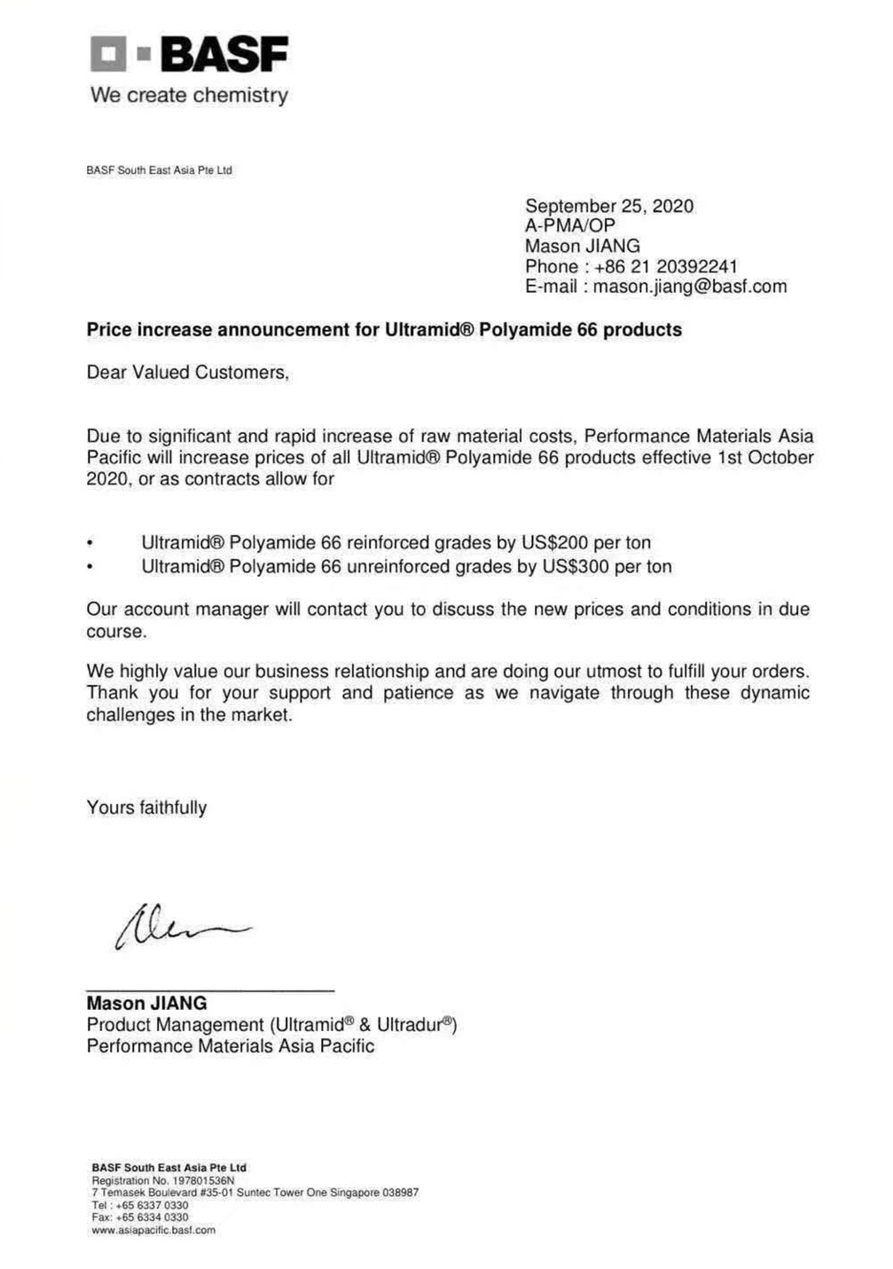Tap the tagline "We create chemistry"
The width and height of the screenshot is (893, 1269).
189,95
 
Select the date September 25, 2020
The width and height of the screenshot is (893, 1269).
609,206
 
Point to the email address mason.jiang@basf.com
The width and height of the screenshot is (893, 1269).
690,286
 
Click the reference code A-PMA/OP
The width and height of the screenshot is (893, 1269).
569,225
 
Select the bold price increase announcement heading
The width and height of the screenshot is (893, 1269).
384,330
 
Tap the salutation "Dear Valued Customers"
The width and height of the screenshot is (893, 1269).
187,373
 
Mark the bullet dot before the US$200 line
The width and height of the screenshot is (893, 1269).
90,543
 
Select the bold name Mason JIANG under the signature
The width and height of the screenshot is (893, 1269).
146,1003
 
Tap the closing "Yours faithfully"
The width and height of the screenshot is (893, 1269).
146,808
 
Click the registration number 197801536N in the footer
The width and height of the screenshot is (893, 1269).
203,1180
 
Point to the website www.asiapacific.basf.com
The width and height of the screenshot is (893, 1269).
153,1230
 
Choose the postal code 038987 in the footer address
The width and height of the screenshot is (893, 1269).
400,1193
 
